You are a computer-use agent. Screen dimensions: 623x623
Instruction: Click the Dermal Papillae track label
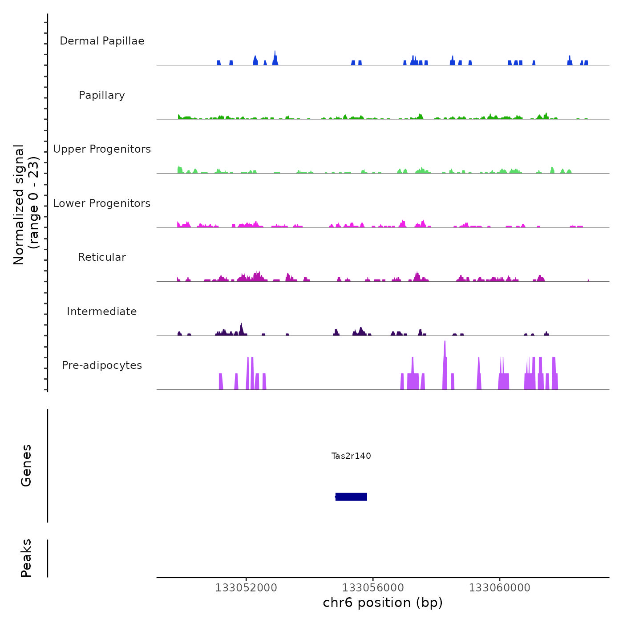click(102, 41)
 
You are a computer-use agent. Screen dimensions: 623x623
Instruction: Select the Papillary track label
click(102, 95)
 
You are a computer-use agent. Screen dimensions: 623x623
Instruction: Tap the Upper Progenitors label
click(102, 149)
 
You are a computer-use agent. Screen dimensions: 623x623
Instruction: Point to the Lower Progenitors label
click(102, 203)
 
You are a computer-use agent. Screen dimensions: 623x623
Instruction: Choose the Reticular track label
click(102, 257)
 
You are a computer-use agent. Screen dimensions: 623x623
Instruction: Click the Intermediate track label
click(102, 311)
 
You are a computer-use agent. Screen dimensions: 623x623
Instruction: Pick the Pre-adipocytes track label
click(102, 365)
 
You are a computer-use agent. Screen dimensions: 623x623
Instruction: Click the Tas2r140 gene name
click(351, 456)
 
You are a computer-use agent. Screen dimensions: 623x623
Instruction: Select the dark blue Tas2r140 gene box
click(351, 497)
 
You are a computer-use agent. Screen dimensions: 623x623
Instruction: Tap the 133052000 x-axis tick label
click(246, 588)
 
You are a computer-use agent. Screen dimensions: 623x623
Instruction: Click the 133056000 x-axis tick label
click(373, 588)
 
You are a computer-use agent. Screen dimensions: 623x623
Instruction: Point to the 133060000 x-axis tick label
click(500, 588)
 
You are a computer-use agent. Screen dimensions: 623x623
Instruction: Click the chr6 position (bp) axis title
click(383, 603)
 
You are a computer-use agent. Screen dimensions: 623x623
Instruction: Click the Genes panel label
click(26, 465)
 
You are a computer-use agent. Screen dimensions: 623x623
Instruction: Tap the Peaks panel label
click(26, 558)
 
